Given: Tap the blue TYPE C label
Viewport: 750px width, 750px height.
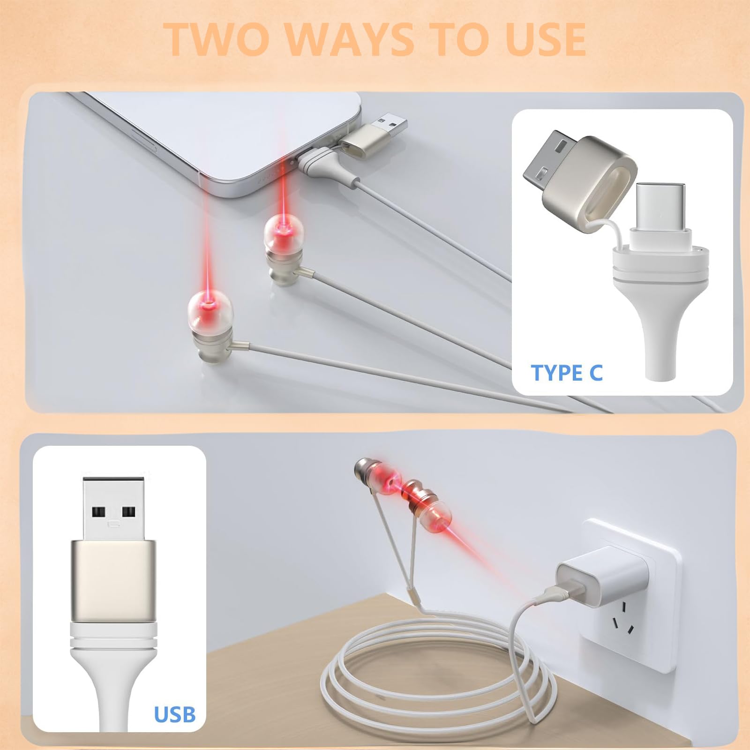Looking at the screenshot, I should coord(566,373).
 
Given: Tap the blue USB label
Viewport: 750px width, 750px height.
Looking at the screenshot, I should coord(175,714).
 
